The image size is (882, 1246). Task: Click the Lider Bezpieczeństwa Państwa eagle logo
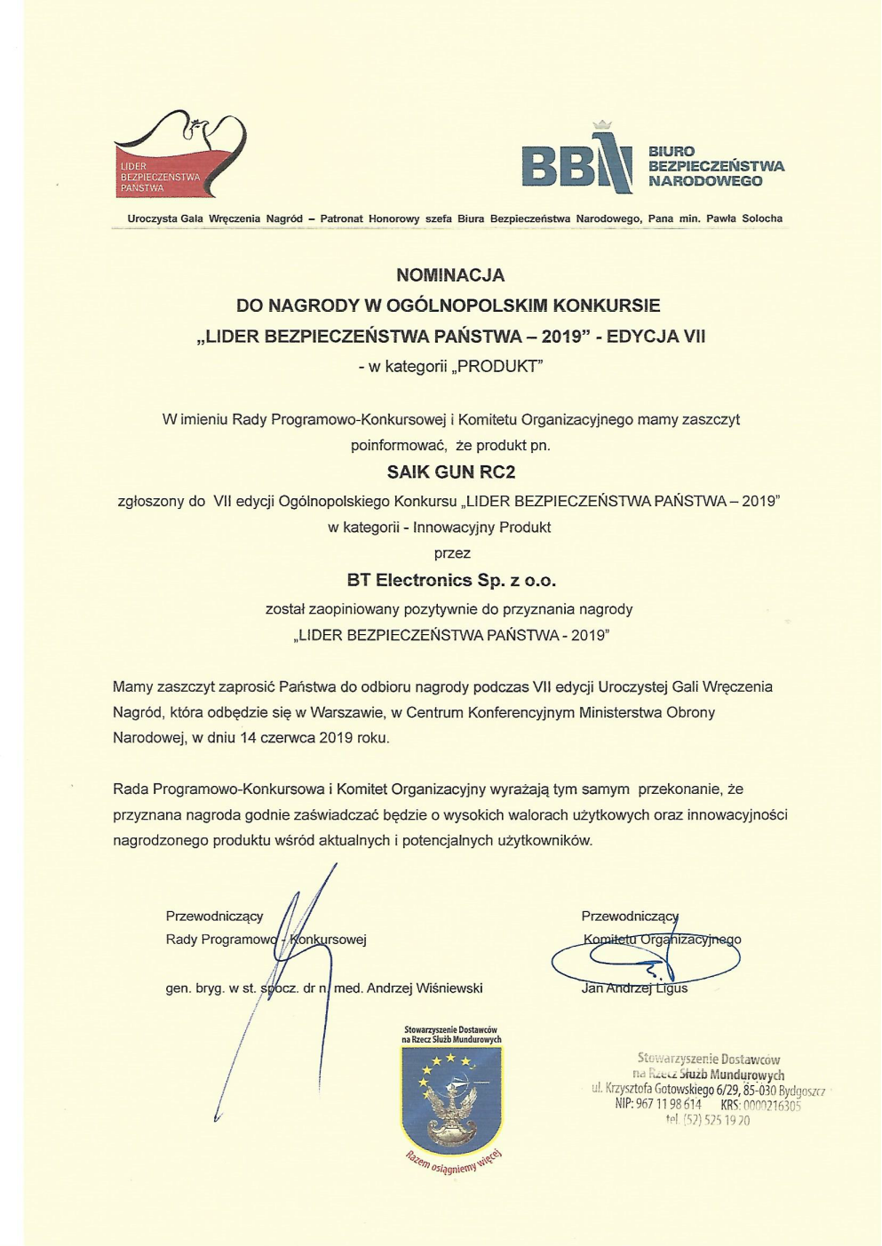click(181, 153)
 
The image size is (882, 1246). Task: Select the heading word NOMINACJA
click(450, 275)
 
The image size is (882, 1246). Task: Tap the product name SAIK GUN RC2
click(451, 472)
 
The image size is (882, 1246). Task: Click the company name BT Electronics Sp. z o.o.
click(451, 581)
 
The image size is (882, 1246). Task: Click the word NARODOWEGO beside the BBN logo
click(705, 181)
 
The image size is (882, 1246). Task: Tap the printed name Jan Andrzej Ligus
click(634, 988)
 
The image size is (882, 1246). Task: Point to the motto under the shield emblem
click(453, 1162)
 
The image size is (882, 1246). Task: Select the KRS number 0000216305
click(771, 1106)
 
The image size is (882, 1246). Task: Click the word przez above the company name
click(451, 553)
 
